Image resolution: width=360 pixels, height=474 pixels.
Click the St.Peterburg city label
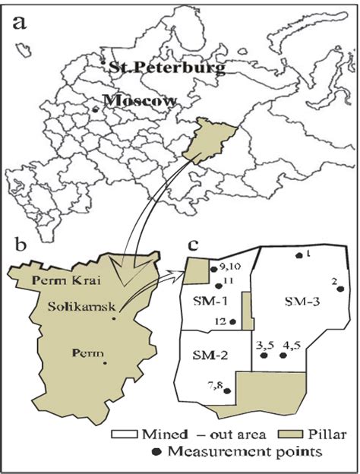167,68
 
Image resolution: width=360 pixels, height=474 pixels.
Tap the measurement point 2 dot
341,289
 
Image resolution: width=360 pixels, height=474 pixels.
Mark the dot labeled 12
232,322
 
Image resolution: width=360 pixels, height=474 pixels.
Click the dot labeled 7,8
226,392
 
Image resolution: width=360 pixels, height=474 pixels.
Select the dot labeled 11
219,286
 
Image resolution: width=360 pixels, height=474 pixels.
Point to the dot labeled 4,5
284,355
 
